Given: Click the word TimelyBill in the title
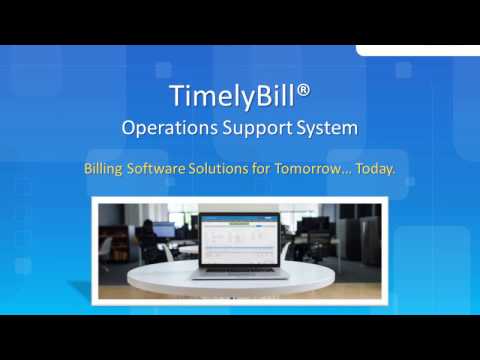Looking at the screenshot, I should click(x=223, y=97).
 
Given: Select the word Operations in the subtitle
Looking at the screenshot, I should click(x=165, y=129).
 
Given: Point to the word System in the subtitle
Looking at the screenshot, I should click(x=325, y=129).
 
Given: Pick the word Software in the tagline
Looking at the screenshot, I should click(x=159, y=167).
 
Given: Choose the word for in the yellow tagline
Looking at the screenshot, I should click(x=267, y=167).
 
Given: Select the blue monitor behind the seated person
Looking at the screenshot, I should click(x=162, y=228).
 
